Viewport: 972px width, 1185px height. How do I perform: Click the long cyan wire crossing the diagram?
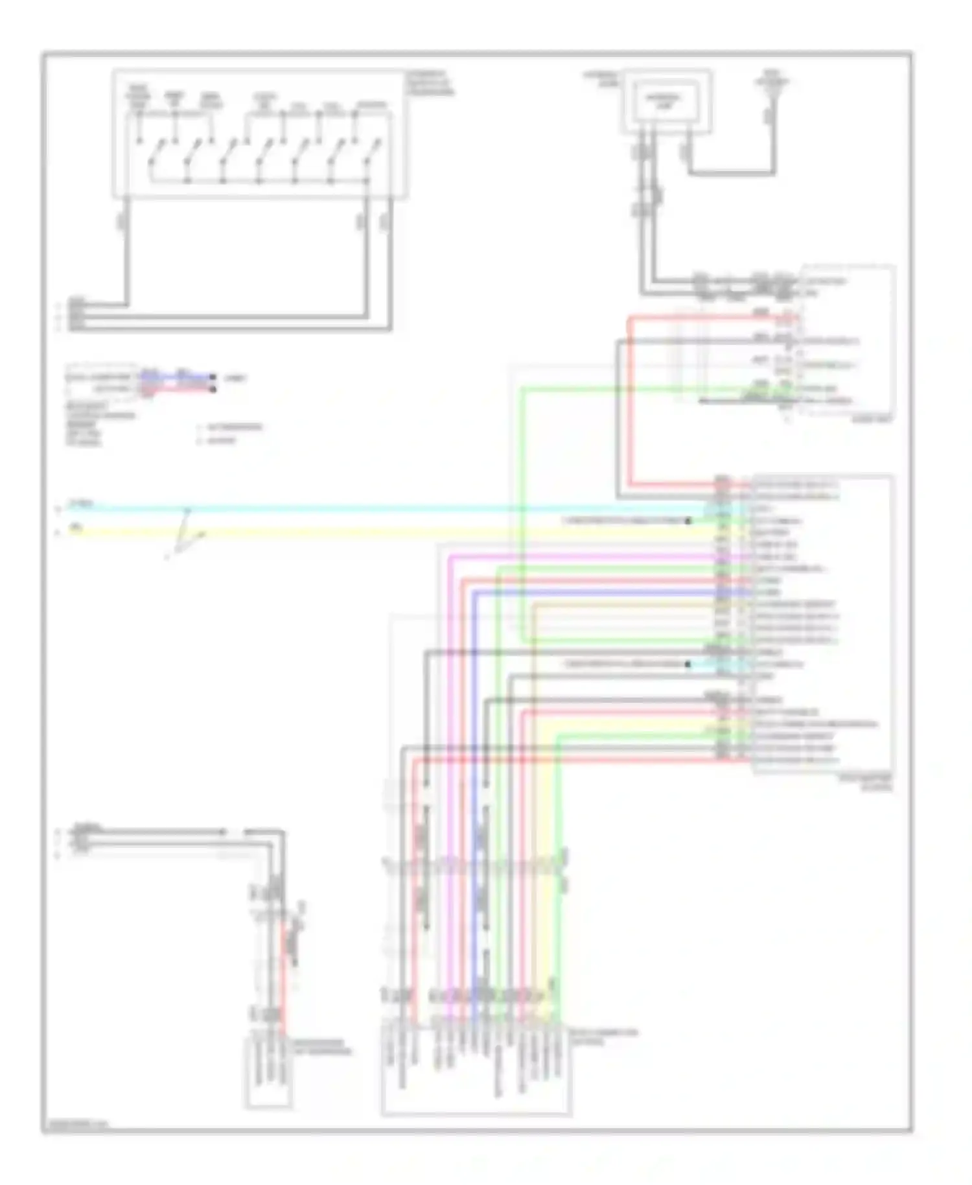coord(389,510)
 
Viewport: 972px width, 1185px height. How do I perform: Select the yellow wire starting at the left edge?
coord(389,533)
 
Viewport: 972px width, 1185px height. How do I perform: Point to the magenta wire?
coord(583,557)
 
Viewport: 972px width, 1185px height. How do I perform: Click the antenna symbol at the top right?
coord(771,84)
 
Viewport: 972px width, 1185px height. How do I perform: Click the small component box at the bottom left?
coord(268,1073)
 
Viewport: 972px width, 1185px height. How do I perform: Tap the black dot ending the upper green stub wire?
coord(688,521)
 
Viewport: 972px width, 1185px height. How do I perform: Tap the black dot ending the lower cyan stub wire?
coord(688,664)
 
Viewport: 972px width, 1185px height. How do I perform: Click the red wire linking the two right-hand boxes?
coord(629,402)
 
